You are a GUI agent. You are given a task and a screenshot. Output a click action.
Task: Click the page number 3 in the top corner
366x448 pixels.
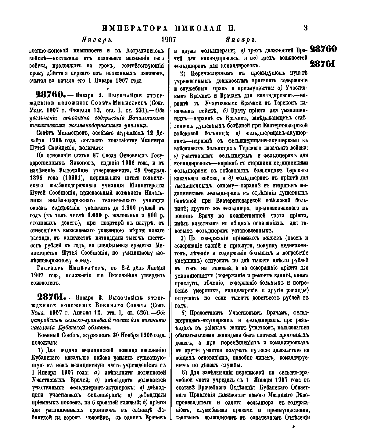click(x=305, y=28)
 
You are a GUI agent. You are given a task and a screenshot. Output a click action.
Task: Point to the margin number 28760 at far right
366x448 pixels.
click(x=323, y=49)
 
